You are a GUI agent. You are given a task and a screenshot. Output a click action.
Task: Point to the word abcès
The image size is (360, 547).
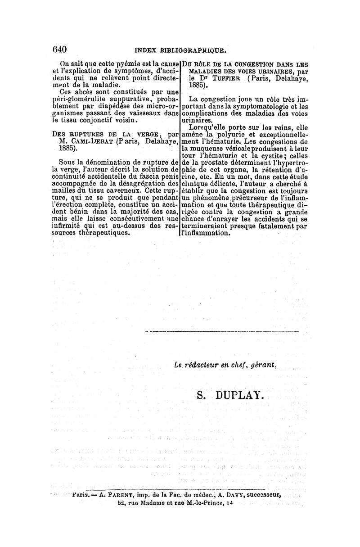[84, 91]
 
